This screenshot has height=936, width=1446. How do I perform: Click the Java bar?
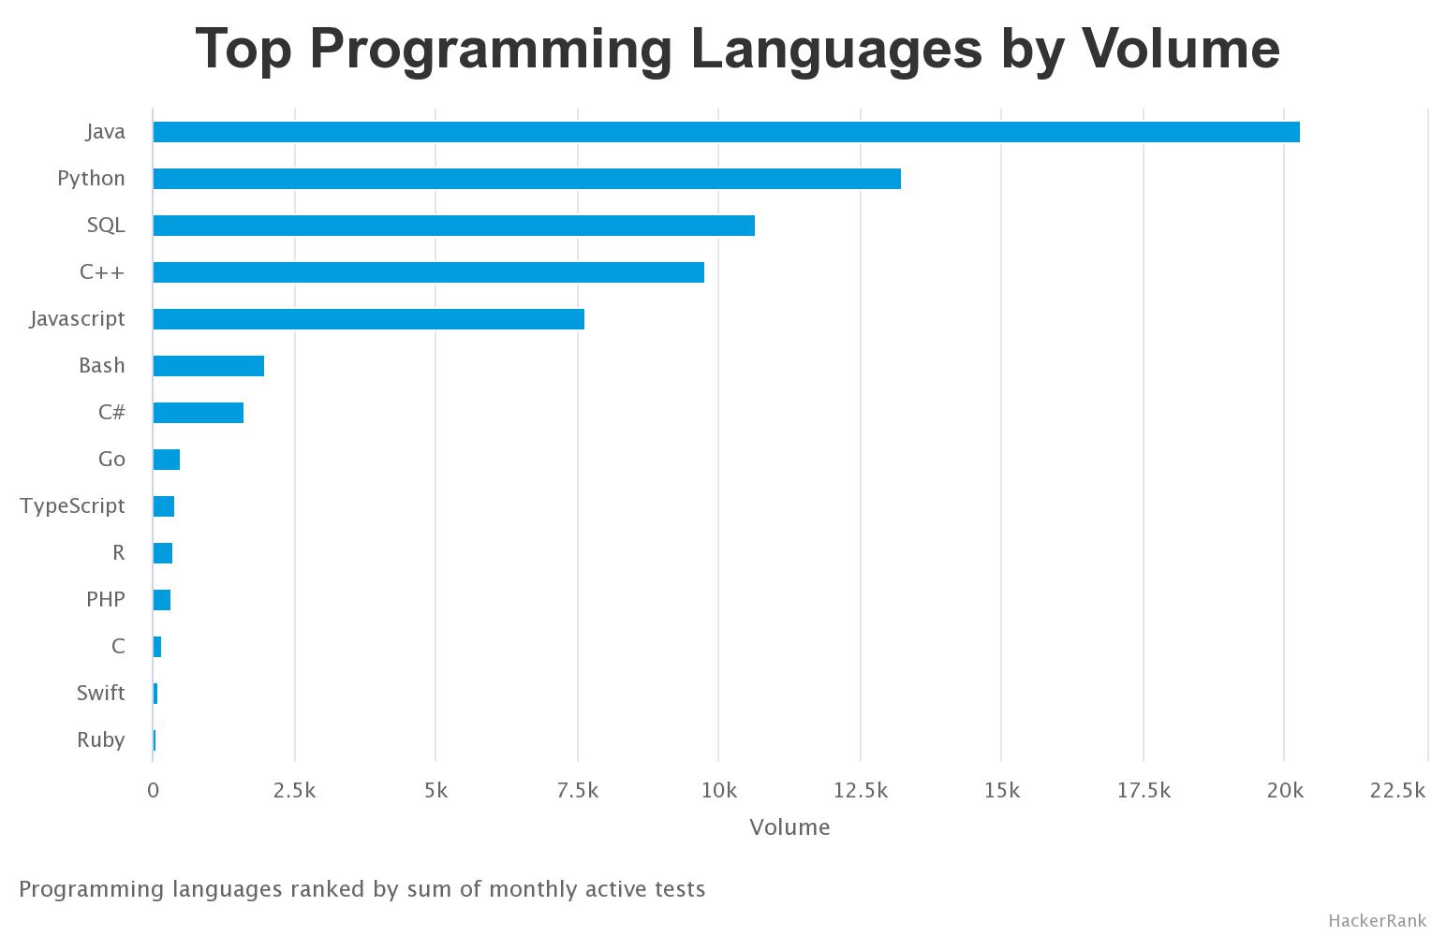(x=726, y=132)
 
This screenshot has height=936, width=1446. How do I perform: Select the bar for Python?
(x=526, y=179)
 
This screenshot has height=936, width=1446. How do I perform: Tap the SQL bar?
(x=453, y=226)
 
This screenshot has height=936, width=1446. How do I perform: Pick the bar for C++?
(x=428, y=272)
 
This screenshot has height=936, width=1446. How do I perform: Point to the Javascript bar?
(x=368, y=319)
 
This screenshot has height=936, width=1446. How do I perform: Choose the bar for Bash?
(x=208, y=366)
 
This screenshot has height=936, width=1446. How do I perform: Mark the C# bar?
(x=198, y=413)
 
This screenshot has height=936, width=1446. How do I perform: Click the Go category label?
(x=111, y=460)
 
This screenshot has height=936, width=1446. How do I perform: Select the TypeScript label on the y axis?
(x=72, y=506)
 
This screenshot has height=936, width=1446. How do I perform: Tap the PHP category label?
(x=105, y=600)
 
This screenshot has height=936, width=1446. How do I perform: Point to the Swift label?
(x=100, y=694)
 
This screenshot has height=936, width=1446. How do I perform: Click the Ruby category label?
(x=100, y=740)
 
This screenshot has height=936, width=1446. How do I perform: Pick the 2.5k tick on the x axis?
(x=294, y=791)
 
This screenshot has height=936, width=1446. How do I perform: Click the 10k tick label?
(x=718, y=791)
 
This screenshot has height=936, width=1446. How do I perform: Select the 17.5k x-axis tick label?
(x=1144, y=791)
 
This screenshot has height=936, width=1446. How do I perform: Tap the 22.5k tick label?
(x=1397, y=791)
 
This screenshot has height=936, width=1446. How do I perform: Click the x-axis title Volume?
(x=789, y=827)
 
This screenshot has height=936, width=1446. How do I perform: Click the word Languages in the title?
(x=836, y=49)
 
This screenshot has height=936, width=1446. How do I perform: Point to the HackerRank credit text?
(x=1377, y=921)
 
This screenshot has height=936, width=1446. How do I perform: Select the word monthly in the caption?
(x=534, y=889)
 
